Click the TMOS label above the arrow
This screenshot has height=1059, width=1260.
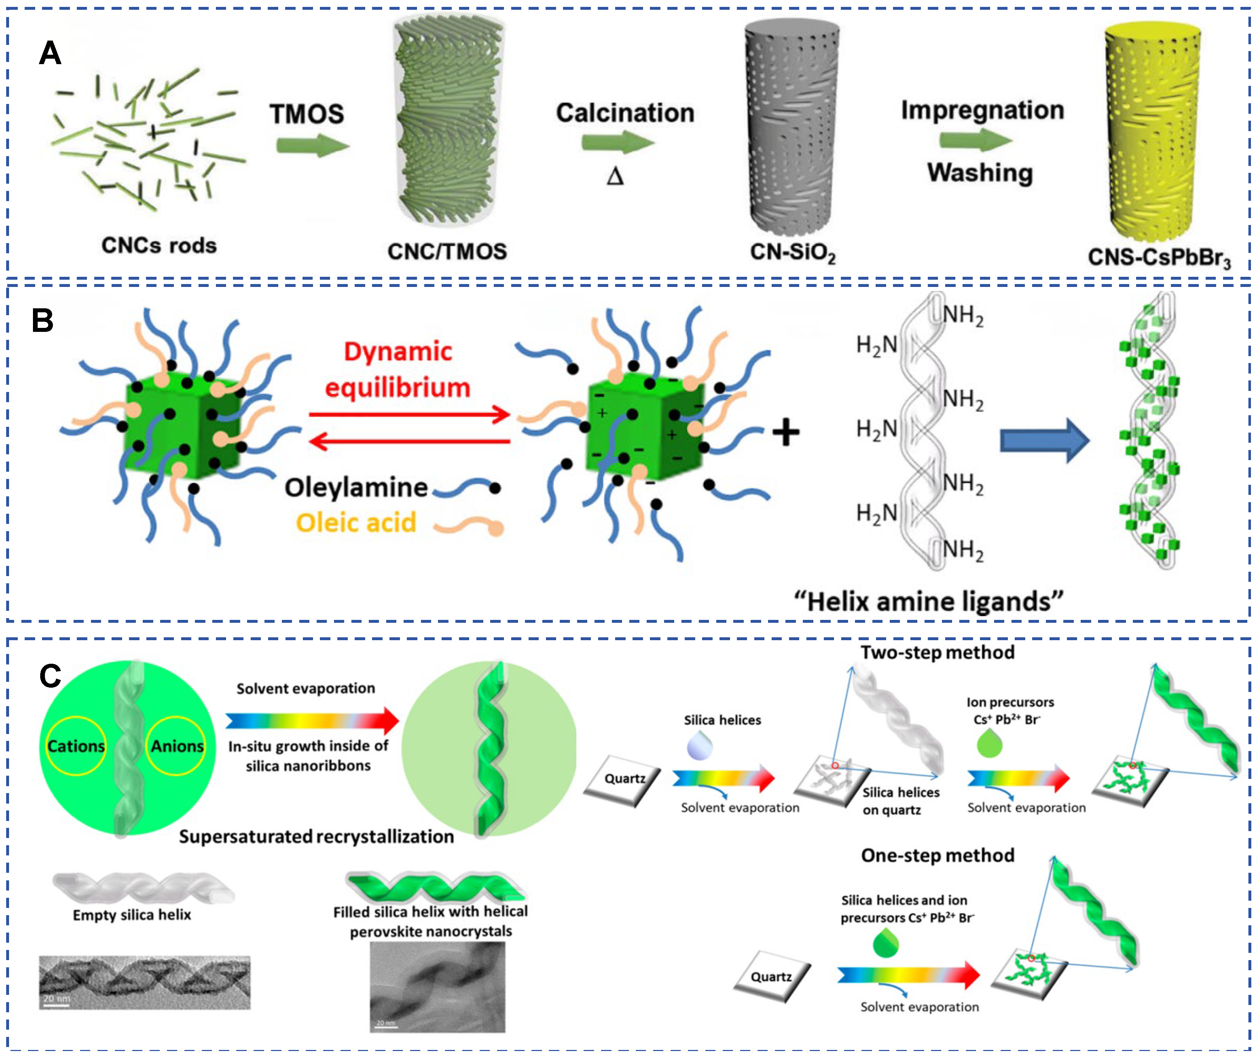coord(307,113)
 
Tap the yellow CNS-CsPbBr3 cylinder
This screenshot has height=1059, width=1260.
coord(1152,132)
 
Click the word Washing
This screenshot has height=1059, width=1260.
coord(980,173)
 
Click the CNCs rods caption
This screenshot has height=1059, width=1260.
coord(159,246)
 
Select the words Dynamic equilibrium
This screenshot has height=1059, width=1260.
coord(397,369)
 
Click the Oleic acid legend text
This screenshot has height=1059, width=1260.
coord(356,523)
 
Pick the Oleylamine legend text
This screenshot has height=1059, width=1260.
coord(356,488)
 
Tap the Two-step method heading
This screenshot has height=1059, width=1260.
coord(937,653)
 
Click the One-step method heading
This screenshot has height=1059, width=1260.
coord(937,855)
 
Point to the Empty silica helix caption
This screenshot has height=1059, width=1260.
coord(132,915)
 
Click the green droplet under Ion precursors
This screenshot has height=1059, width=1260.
coord(990,745)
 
